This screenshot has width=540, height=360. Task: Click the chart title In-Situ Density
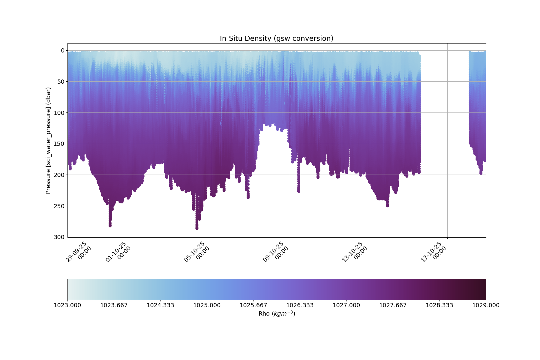click(276, 38)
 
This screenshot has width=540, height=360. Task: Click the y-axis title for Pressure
click(48, 140)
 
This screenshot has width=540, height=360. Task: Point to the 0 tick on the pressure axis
click(63, 50)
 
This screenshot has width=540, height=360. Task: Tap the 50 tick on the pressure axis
click(61, 82)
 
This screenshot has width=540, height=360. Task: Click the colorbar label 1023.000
click(67, 305)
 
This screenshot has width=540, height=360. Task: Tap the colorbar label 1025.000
click(207, 305)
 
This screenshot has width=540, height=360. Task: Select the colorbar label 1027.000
click(346, 305)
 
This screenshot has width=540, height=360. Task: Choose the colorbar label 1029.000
click(486, 305)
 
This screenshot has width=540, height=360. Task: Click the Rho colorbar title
click(277, 314)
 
